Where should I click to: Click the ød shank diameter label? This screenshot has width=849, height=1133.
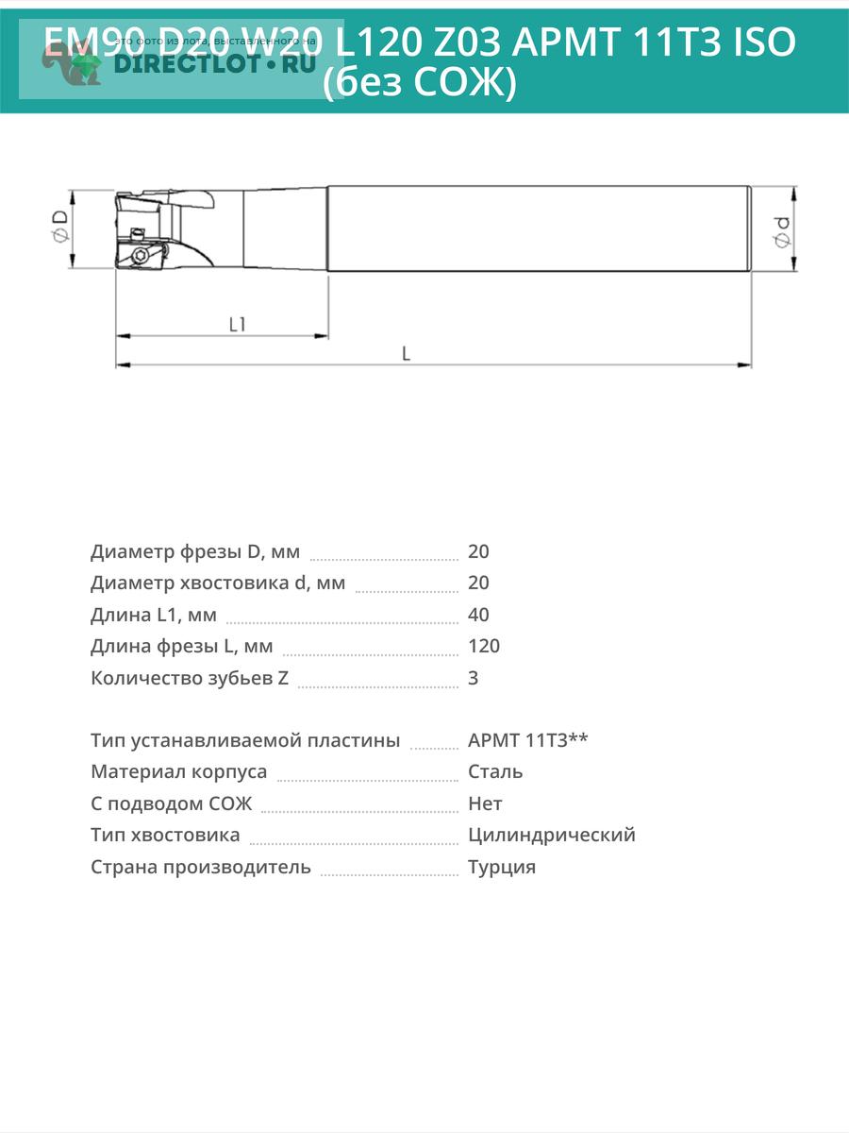point(782,229)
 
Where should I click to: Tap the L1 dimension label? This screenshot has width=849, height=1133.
point(238,324)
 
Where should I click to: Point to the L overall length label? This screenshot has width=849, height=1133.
point(406,354)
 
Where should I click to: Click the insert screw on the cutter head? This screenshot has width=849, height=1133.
point(141,255)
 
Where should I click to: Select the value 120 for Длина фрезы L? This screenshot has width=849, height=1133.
point(483,646)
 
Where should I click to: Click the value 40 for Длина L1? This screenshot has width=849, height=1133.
point(478,615)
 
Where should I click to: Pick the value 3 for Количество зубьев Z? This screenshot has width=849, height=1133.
point(473,678)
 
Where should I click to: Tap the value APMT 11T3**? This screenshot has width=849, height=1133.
point(528,740)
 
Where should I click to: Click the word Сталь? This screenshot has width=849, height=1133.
point(495,771)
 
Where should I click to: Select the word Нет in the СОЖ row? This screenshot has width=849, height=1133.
point(485,803)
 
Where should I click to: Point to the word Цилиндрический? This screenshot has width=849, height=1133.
point(551,835)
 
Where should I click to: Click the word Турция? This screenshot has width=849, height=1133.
point(502,867)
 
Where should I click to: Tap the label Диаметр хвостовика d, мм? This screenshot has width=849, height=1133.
point(218,583)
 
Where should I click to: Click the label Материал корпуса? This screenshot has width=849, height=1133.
point(178,771)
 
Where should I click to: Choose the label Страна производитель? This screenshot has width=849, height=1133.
point(200,867)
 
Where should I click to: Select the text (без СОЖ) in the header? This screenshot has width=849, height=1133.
point(420,84)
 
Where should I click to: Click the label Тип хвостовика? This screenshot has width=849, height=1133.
point(165,835)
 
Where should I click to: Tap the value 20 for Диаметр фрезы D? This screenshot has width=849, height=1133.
point(478,551)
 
